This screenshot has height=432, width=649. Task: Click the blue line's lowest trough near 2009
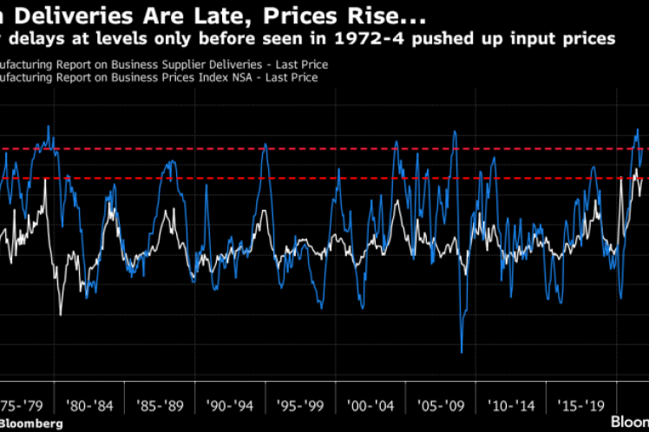pos(462,352)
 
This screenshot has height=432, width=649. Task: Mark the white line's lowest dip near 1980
pos(61,314)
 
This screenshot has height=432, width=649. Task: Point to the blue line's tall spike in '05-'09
pos(454,132)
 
